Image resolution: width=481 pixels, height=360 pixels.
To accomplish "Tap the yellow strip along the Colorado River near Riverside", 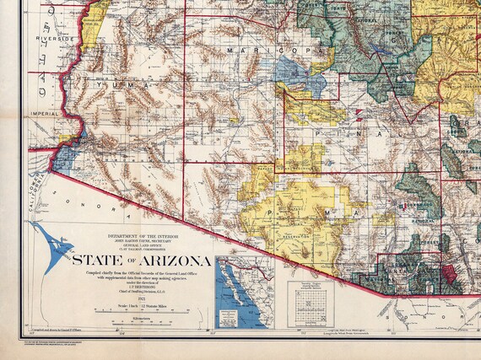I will click(x=95, y=15).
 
